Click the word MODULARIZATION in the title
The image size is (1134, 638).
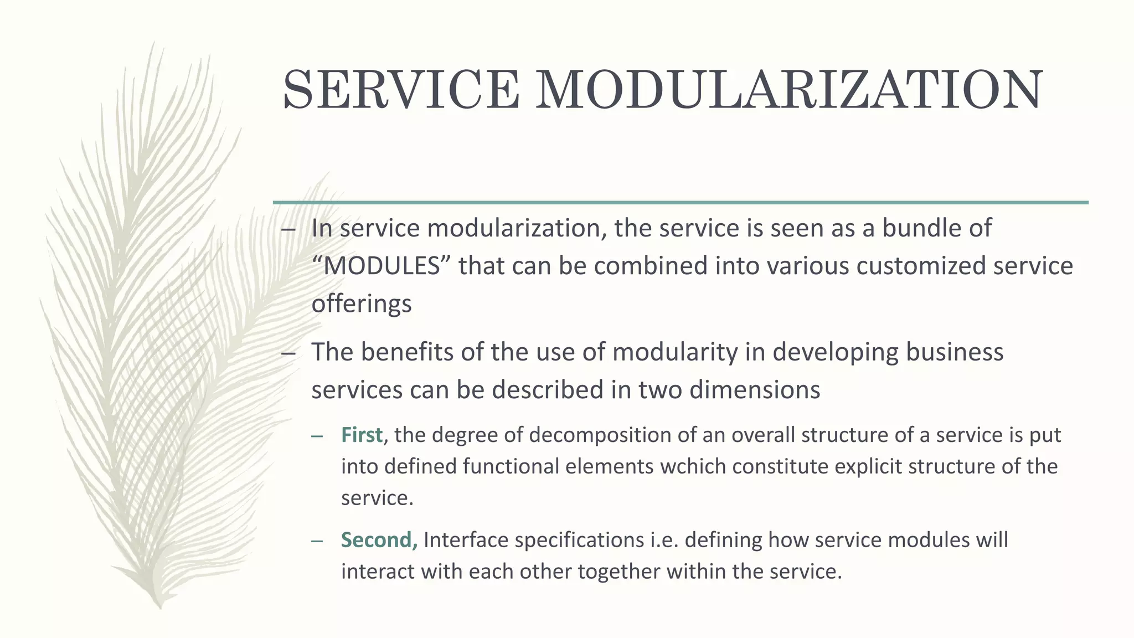coord(788,90)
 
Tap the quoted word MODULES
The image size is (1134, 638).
coord(382,266)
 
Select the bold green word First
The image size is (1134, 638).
coord(362,435)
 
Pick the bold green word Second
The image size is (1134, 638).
coord(379,540)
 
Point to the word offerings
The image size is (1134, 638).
coord(362,304)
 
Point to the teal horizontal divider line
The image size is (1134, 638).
coord(681,203)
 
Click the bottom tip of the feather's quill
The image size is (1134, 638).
coord(159,607)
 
